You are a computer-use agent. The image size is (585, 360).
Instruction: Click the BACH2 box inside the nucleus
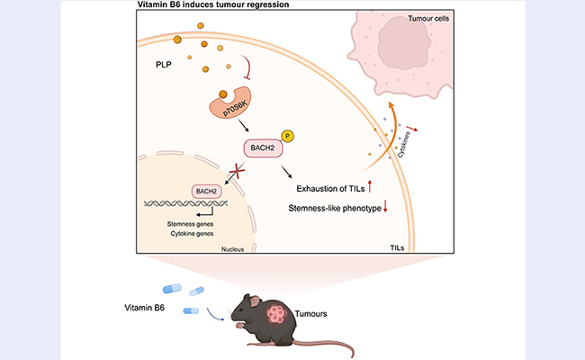205,191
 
